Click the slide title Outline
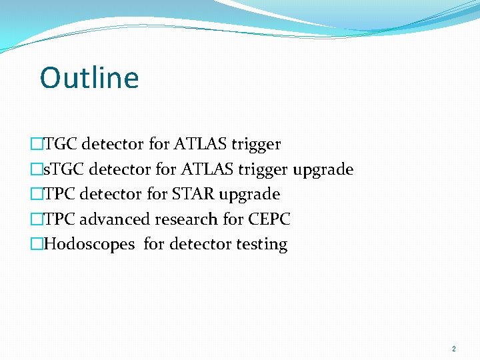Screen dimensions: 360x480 (89, 78)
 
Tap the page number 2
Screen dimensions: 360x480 (454, 349)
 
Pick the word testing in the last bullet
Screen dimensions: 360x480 (261, 245)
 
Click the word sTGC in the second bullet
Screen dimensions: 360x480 (60, 169)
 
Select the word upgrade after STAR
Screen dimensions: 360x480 (249, 194)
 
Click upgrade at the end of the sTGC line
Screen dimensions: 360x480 (323, 169)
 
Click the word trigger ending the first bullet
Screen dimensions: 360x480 (256, 144)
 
